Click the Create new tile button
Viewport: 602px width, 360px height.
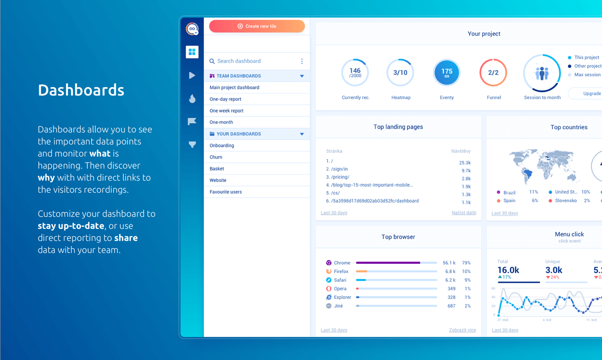click(257, 26)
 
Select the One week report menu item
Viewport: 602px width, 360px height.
click(227, 111)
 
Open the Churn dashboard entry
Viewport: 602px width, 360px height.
click(216, 157)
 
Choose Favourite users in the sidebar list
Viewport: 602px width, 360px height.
click(226, 192)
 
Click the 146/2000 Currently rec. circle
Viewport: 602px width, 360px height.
click(355, 72)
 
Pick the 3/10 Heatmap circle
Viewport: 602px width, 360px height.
click(400, 72)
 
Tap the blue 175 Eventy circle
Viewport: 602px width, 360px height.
click(447, 72)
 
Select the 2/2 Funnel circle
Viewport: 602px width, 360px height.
click(493, 72)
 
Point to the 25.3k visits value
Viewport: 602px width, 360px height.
click(465, 162)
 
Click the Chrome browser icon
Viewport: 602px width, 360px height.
click(328, 263)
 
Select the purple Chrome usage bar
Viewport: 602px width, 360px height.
click(388, 263)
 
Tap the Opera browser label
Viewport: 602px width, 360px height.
click(340, 289)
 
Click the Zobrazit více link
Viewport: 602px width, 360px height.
click(462, 330)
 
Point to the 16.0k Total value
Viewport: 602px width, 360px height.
click(508, 270)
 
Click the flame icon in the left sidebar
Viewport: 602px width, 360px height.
click(192, 99)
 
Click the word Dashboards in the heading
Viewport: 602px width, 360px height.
click(81, 90)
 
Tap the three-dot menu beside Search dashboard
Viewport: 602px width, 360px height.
click(302, 61)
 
